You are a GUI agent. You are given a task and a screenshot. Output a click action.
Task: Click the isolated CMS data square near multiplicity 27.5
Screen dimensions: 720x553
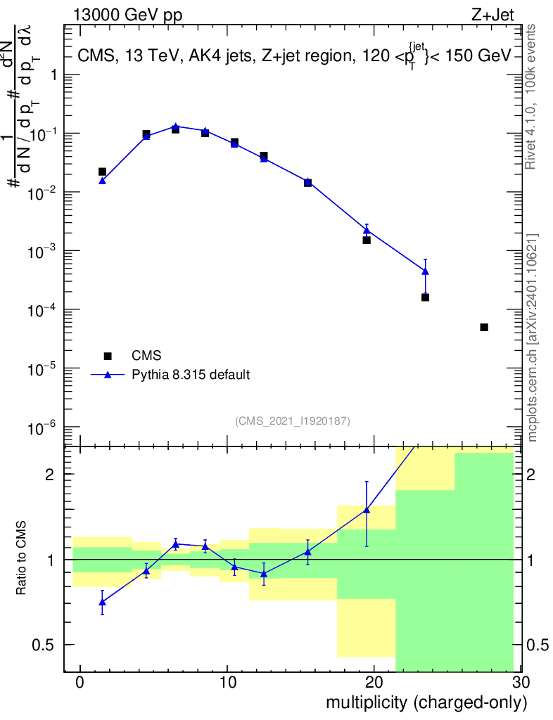[x=484, y=328]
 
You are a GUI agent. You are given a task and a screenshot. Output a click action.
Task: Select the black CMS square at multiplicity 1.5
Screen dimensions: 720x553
[x=102, y=172]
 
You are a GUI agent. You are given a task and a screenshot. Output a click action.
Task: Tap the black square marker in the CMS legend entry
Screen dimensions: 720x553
[x=108, y=356]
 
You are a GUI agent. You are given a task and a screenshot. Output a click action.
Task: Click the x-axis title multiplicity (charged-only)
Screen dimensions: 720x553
[x=426, y=702]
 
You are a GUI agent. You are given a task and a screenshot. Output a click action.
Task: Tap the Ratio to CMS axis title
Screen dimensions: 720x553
[x=23, y=560]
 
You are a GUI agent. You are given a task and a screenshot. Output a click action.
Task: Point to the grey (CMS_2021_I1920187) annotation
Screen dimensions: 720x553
[x=293, y=421]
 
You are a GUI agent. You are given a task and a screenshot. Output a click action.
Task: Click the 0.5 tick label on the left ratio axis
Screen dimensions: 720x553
[x=46, y=645]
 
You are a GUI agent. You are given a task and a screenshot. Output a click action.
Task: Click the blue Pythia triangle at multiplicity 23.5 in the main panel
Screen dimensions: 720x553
[x=425, y=271]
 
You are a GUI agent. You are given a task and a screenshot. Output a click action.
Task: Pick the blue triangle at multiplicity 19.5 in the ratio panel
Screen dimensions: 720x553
[x=367, y=510]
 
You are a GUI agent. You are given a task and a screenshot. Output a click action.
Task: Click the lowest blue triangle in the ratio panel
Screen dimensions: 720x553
[x=102, y=602]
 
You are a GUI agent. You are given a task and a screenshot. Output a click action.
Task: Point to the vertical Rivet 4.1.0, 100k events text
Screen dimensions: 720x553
[x=533, y=97]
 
